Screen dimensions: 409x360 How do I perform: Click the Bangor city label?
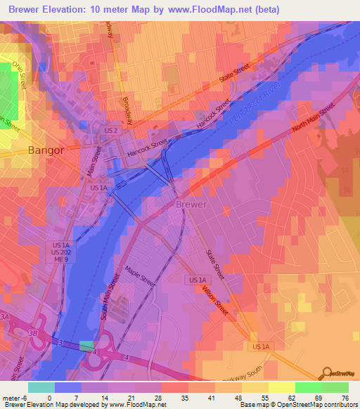coord(46,150)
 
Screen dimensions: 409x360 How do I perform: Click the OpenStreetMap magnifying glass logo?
coord(326,372)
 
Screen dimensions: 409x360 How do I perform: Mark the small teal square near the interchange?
coord(86,345)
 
